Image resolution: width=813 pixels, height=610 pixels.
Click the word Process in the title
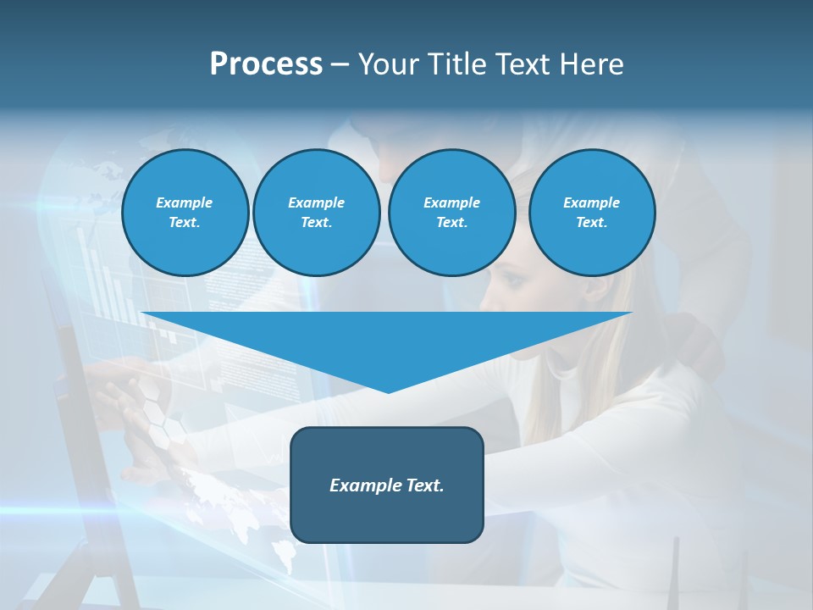point(266,64)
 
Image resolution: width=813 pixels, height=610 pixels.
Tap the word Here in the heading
point(588,64)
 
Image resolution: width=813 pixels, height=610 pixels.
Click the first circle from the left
point(185,213)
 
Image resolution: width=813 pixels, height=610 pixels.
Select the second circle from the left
point(316,213)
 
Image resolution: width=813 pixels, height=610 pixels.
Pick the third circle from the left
point(451,213)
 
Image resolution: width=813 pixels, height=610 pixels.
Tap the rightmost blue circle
point(591,213)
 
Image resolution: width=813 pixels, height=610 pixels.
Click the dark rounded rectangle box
point(386,485)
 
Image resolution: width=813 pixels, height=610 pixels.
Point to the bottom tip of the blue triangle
point(388,392)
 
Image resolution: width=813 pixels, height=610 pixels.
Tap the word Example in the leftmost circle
point(185,202)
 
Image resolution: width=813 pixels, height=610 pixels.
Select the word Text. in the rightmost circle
point(591,223)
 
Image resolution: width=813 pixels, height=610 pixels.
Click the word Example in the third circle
point(451,202)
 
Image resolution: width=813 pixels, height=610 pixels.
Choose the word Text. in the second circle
point(316,223)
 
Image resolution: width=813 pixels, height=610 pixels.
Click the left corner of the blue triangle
point(142,313)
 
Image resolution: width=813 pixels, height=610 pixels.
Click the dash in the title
point(340,64)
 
